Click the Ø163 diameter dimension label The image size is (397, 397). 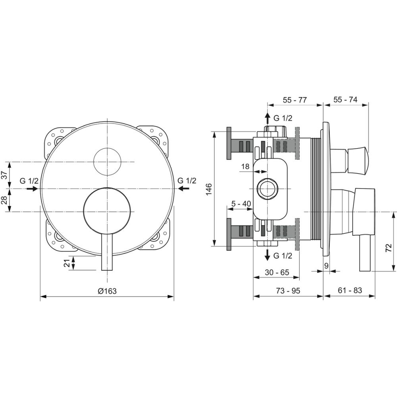(107, 291)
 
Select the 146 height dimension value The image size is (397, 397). (209, 189)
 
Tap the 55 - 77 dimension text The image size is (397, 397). (295, 100)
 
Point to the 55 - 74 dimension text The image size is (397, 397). (345, 100)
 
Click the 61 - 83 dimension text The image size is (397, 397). (350, 290)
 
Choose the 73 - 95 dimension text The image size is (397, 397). (288, 291)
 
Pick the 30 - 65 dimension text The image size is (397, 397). (277, 272)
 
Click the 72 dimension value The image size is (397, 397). (388, 247)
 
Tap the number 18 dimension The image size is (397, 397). (245, 166)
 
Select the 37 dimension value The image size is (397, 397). (4, 175)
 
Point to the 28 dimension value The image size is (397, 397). (4, 200)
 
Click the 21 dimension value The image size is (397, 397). (67, 263)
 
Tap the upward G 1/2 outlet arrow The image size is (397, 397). (267, 118)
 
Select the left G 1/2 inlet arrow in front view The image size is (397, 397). (32, 189)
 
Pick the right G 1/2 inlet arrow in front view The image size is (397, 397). (183, 188)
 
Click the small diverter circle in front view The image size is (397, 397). (108, 162)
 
